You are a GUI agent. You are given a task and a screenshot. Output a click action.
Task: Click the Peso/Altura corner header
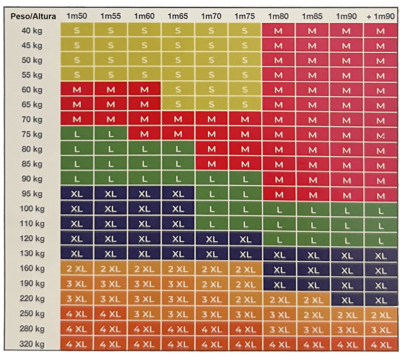click(33, 16)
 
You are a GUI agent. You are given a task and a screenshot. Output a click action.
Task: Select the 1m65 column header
click(178, 16)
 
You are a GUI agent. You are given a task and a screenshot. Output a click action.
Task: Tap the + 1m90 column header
click(380, 16)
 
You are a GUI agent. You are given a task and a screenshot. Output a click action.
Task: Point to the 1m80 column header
click(279, 16)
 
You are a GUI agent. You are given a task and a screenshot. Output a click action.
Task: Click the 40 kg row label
click(32, 31)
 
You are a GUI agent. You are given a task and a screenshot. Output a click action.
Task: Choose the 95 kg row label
click(32, 194)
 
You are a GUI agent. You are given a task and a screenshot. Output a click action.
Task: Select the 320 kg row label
click(32, 343)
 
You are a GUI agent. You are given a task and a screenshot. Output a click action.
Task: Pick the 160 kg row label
click(32, 269)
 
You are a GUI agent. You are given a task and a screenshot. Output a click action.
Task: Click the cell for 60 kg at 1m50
click(77, 89)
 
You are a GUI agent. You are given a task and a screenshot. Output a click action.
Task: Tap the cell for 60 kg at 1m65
click(178, 89)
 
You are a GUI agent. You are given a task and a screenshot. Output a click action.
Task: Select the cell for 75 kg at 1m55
click(110, 135)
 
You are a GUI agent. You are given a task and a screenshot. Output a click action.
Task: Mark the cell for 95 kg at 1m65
click(178, 194)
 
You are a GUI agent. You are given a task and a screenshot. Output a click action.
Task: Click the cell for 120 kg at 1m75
click(245, 239)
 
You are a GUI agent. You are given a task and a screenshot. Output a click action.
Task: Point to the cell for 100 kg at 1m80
click(279, 209)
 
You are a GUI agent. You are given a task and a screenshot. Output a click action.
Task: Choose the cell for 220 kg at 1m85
click(312, 299)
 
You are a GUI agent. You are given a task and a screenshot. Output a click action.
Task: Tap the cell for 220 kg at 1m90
click(346, 299)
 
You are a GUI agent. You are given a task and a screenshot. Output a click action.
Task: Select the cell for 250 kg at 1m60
click(144, 314)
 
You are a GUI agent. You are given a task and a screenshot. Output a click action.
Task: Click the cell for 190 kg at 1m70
click(212, 284)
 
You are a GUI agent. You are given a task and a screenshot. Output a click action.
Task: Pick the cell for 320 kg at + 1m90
click(380, 343)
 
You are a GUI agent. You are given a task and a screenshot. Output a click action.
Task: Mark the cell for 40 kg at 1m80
click(279, 31)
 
